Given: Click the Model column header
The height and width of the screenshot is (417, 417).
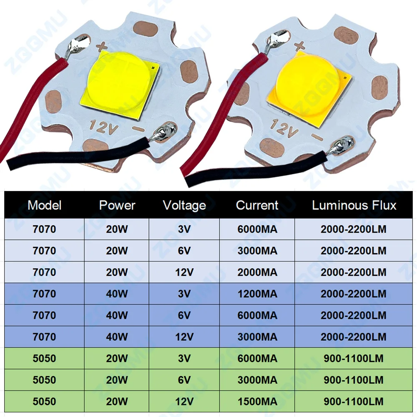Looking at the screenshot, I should pyautogui.click(x=44, y=205).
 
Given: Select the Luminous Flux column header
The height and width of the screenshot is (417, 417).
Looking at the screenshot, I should pyautogui.click(x=354, y=205).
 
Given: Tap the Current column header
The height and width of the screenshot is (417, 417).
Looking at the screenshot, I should pyautogui.click(x=257, y=205).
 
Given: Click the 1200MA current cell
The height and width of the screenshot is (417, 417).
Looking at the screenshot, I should pyautogui.click(x=257, y=294).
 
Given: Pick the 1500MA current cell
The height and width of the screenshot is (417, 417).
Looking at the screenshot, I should pyautogui.click(x=257, y=402).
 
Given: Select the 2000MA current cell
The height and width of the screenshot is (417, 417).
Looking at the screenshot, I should pyautogui.click(x=257, y=272).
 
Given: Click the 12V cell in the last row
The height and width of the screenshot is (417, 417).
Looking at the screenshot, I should pyautogui.click(x=184, y=402).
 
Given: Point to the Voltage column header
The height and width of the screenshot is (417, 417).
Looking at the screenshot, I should pyautogui.click(x=184, y=205).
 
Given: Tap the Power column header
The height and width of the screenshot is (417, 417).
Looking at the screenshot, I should pyautogui.click(x=117, y=205).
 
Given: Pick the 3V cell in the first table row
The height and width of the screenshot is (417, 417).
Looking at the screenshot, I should pyautogui.click(x=184, y=229).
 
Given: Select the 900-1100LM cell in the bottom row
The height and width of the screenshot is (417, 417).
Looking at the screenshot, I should pyautogui.click(x=354, y=402).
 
